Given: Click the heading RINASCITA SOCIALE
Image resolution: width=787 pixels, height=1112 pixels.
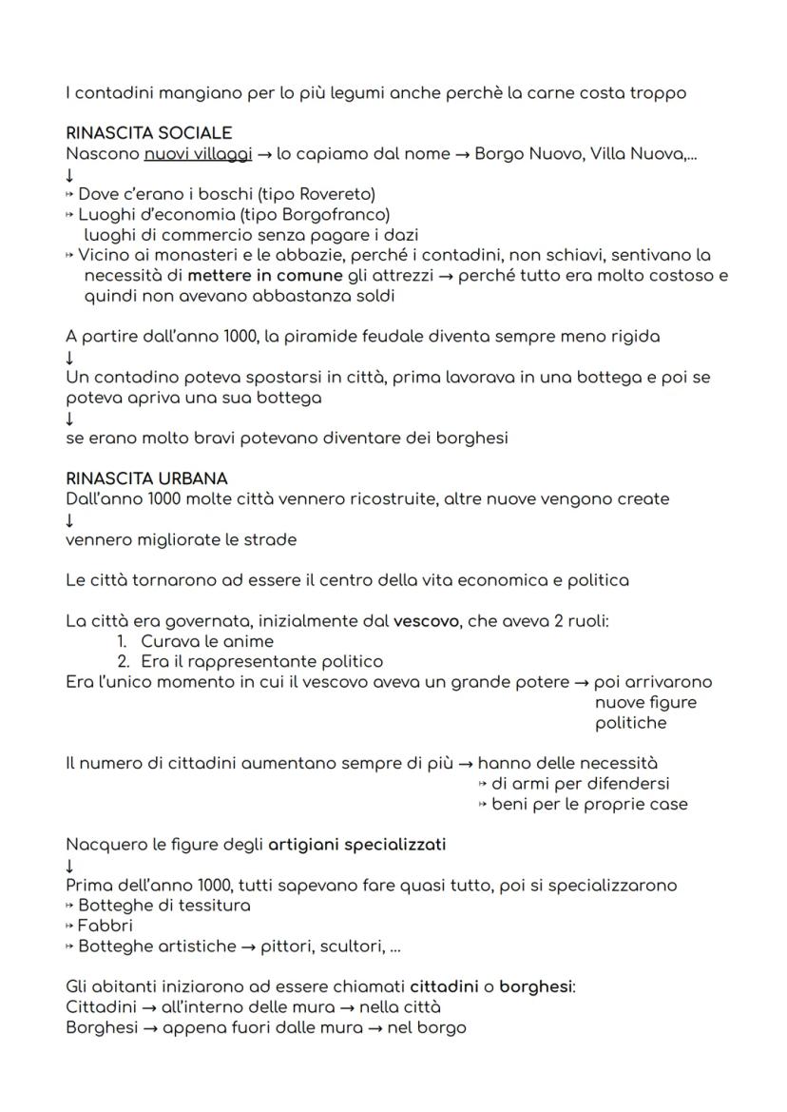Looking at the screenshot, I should pos(148,133).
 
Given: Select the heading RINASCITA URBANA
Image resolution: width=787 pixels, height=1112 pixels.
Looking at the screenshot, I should pos(146,478).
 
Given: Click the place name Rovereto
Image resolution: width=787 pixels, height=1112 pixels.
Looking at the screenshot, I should pos(326,194).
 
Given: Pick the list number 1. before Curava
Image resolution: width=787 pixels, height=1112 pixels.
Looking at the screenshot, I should pos(122,641).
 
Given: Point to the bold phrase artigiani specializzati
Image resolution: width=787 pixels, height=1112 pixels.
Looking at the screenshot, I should pos(356,844).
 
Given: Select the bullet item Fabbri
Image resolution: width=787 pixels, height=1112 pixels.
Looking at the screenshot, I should pos(105,925).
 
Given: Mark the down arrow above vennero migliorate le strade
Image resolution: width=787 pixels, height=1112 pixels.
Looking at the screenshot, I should pos(69,519).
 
